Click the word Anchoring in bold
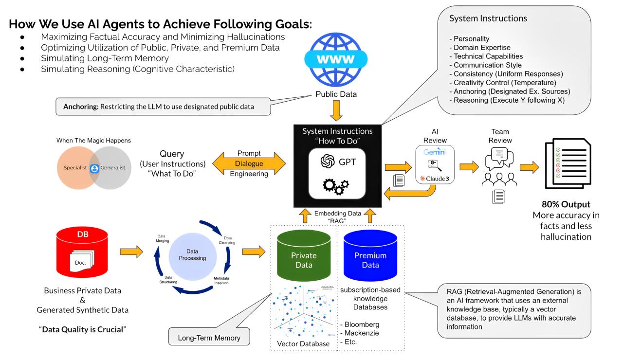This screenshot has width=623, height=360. (x=80, y=107)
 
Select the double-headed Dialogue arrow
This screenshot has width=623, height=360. (x=249, y=164)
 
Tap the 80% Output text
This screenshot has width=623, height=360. (x=566, y=204)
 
